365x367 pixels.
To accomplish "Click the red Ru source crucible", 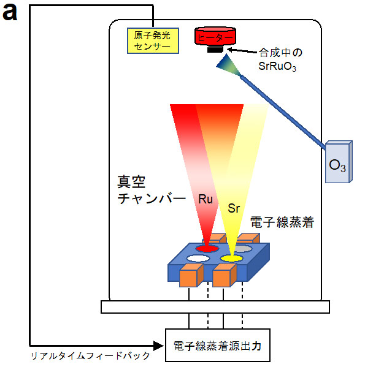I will [207, 248].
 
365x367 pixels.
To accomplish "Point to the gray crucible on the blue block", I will [243, 249].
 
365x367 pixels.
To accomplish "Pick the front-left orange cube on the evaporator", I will [190, 277].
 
